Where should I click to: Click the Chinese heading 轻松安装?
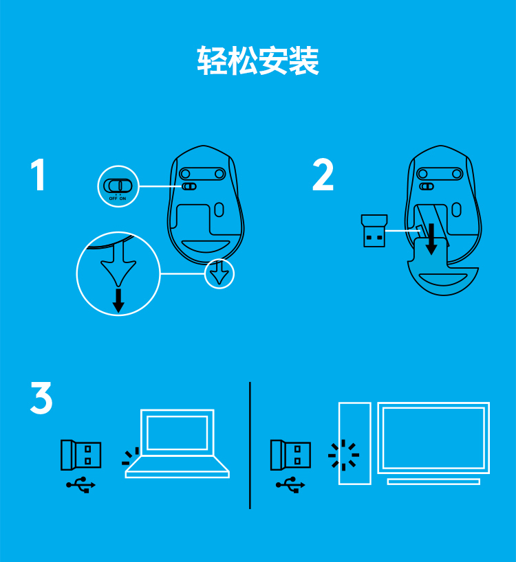258,60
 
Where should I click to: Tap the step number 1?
39,175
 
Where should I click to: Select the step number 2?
323,175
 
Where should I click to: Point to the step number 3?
41,398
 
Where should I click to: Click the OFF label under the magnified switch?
113,198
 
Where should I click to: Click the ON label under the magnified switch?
122,198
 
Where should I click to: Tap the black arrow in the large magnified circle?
118,300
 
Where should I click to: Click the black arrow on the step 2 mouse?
431,239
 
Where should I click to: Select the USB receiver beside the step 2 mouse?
374,231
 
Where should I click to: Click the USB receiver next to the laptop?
80,455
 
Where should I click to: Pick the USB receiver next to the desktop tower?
290,455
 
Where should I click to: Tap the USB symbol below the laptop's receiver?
80,485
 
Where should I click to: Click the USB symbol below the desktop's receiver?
290,485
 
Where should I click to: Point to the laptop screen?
178,433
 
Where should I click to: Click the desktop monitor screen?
433,438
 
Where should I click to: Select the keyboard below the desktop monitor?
433,482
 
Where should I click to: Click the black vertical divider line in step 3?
250,445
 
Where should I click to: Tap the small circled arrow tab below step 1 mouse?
219,273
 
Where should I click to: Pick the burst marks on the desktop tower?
344,455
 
